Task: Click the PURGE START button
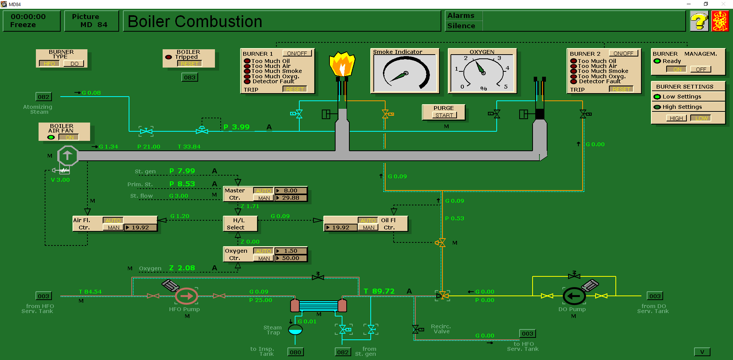point(444,115)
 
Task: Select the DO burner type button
point(74,64)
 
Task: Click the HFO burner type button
point(49,64)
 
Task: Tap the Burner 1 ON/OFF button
point(297,53)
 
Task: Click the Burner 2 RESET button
point(621,89)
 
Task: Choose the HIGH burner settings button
point(676,118)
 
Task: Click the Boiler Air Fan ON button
point(69,137)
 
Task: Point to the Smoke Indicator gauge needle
point(399,76)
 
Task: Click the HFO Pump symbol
point(186,296)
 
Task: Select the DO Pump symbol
point(574,296)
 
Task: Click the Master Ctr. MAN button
point(264,198)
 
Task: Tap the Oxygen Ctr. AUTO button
point(263,251)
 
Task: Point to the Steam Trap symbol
point(295,330)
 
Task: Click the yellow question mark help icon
point(699,21)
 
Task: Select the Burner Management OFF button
point(701,69)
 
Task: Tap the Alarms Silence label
point(461,26)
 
